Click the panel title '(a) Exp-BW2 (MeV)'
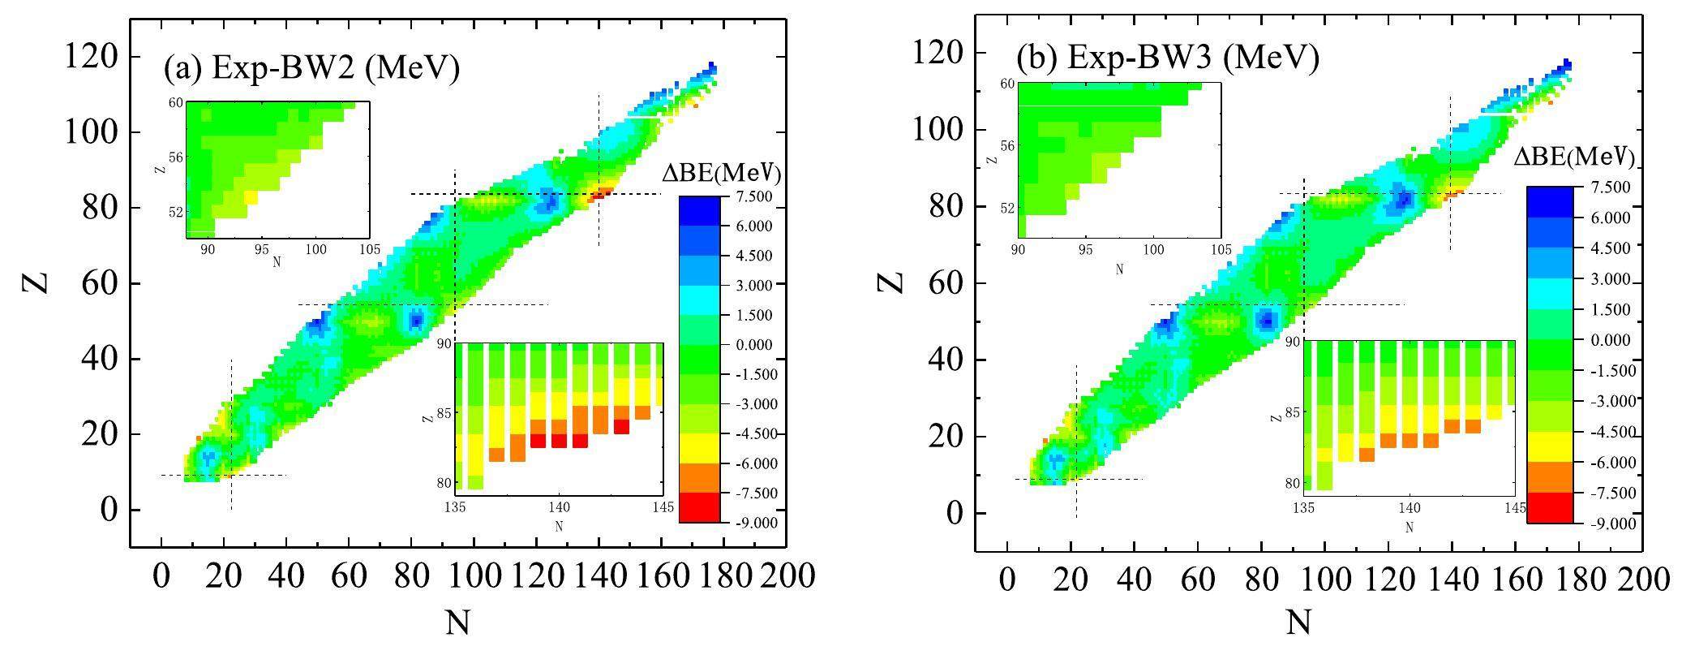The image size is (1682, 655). [x=311, y=68]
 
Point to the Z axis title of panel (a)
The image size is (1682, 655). [x=36, y=282]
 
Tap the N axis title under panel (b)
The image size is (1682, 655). [x=1298, y=623]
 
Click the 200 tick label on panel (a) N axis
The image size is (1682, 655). [x=786, y=575]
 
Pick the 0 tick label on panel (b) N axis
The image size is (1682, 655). [x=1007, y=579]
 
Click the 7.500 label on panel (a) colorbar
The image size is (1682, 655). [x=754, y=196]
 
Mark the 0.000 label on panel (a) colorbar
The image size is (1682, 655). [x=754, y=345]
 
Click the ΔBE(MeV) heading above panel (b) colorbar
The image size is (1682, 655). [x=1573, y=156]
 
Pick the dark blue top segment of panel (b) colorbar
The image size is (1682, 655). [x=1549, y=201]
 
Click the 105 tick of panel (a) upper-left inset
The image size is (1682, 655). [x=369, y=249]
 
